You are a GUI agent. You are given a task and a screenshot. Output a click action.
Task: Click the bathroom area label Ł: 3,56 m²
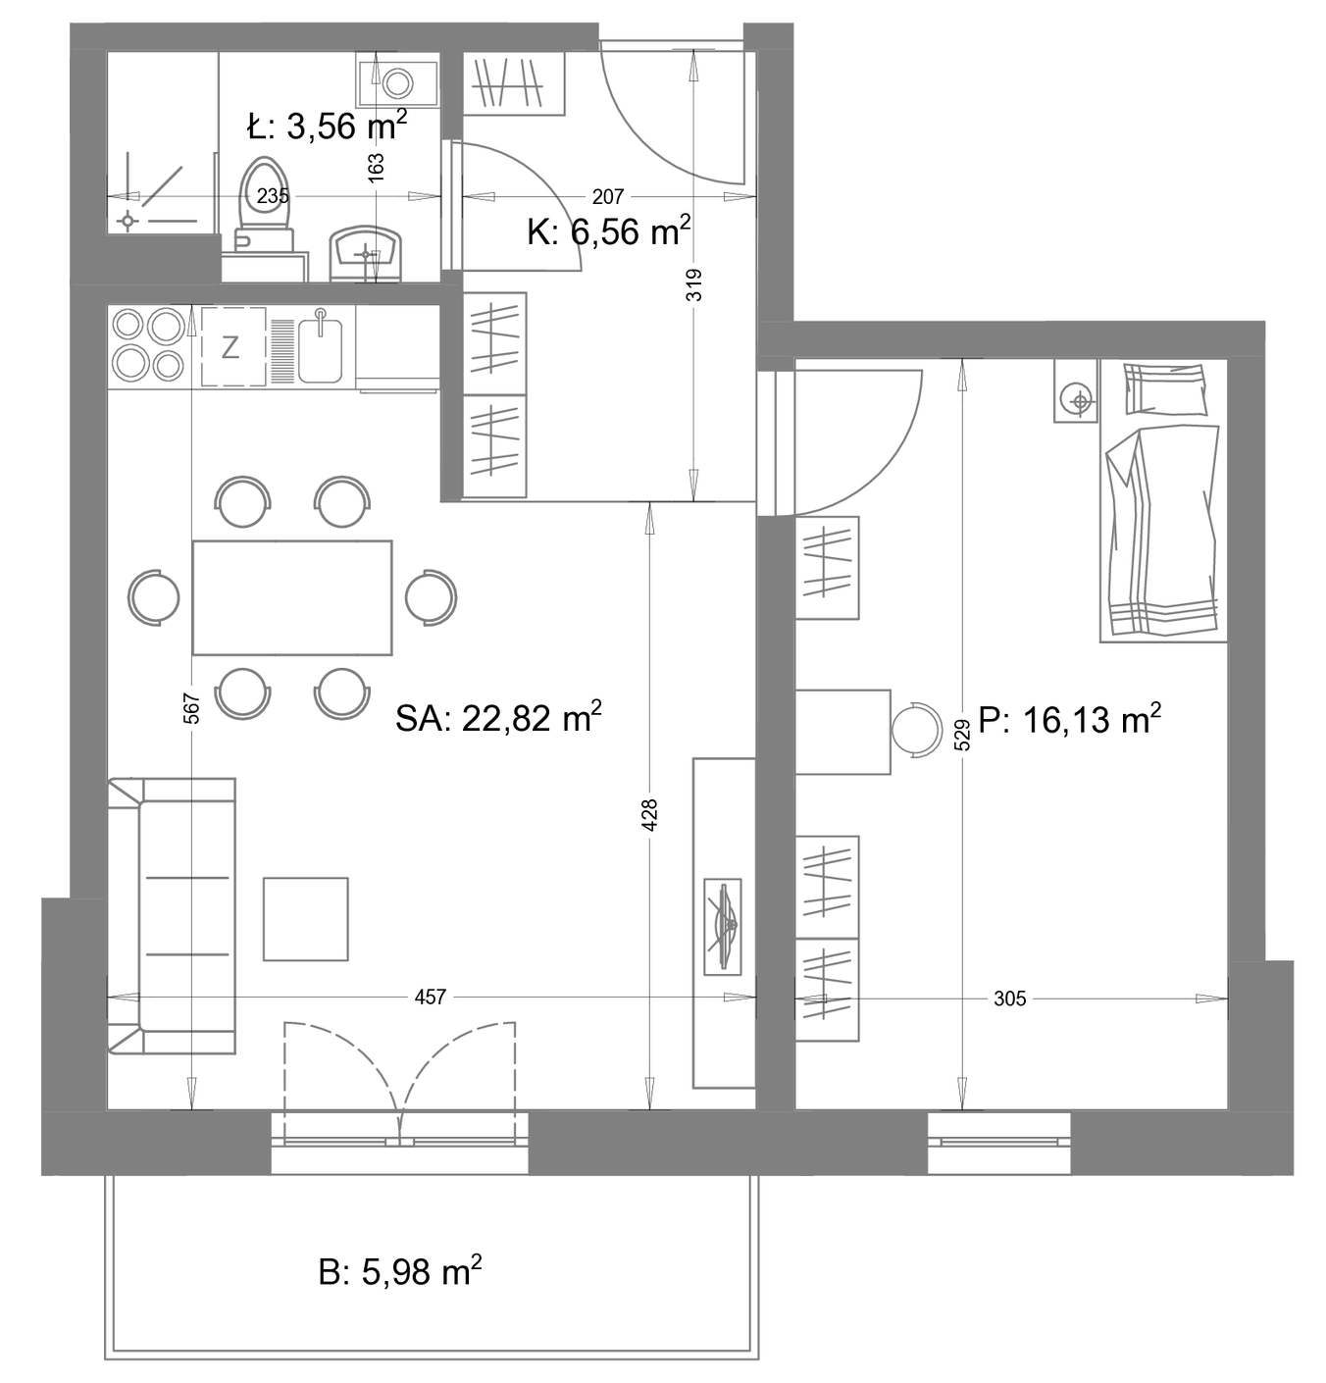tap(327, 126)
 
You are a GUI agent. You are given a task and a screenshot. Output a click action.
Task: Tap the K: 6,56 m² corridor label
tap(609, 230)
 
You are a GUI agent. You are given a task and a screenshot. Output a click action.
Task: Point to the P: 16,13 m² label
tap(1069, 720)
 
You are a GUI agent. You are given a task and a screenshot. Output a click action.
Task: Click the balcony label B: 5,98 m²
tap(400, 1271)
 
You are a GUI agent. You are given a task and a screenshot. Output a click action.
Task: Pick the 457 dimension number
tap(431, 998)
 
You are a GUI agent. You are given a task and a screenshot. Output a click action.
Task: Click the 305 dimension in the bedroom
tap(1010, 999)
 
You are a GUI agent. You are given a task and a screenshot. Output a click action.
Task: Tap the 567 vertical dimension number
tap(192, 708)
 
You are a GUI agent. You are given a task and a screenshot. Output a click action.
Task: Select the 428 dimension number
tap(649, 815)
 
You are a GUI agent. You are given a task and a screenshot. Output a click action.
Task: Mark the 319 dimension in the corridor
tap(694, 284)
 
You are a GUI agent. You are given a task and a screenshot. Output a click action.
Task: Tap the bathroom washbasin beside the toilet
tap(366, 254)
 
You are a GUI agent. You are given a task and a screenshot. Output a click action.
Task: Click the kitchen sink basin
tap(320, 350)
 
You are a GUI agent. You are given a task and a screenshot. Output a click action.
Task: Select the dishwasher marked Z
tap(233, 347)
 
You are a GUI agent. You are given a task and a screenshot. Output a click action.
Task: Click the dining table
tap(292, 597)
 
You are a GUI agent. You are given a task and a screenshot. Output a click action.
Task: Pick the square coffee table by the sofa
tap(306, 919)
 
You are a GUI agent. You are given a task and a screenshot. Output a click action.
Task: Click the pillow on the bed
tap(1165, 389)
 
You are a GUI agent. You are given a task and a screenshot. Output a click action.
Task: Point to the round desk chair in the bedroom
tap(917, 729)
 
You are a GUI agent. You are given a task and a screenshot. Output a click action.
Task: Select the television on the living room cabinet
tap(723, 927)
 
